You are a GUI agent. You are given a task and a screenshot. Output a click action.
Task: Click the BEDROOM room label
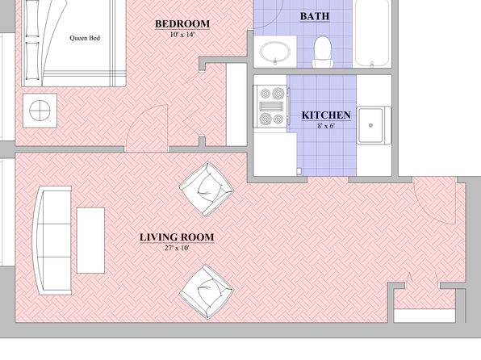coord(182,24)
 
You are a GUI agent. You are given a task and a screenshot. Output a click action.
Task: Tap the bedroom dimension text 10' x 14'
coord(182,35)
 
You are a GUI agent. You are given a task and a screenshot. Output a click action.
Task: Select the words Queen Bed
coord(85,38)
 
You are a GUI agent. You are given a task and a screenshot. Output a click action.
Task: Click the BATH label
coord(315,16)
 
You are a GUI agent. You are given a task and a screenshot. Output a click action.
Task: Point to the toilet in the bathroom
coord(323,52)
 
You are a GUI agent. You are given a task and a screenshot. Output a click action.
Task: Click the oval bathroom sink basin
coord(275,52)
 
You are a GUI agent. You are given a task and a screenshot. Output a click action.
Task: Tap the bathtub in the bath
coord(372,33)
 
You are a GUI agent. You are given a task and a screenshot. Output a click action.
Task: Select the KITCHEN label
coord(326,115)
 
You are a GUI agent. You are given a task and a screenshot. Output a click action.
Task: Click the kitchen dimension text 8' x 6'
coord(326,126)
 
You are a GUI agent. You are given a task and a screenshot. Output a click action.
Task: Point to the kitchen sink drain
coord(370,125)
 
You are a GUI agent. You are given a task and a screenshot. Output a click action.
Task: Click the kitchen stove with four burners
coord(271,107)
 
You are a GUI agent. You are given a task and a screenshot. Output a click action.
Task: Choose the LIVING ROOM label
coord(177,237)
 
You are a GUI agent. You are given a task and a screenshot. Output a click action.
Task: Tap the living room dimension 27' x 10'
coord(177,248)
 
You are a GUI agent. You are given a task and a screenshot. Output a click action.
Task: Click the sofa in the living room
coord(52,241)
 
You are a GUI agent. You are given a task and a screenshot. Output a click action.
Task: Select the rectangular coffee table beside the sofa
coord(90,241)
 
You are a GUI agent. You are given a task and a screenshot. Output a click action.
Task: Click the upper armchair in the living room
coord(207,189)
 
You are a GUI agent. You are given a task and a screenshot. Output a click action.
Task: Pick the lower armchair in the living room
coord(206,291)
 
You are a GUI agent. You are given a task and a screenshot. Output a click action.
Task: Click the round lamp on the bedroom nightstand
coord(40,111)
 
